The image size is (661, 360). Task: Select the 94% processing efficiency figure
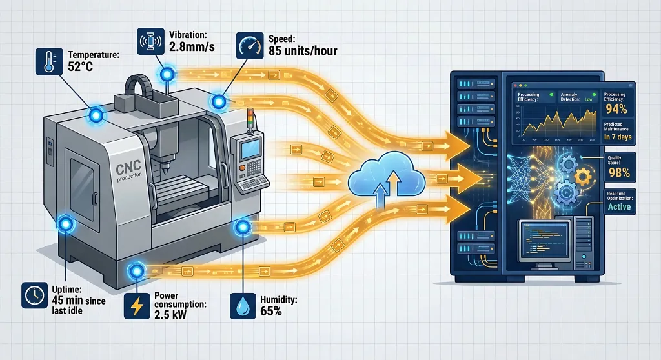[618, 108]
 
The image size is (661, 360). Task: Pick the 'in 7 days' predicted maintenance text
[617, 137]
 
